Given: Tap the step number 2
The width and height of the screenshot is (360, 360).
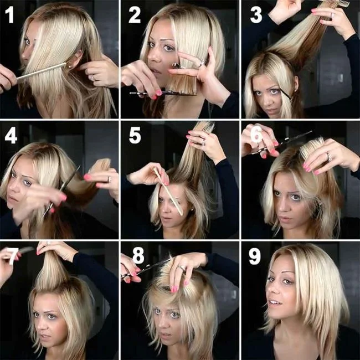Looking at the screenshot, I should [x=135, y=16].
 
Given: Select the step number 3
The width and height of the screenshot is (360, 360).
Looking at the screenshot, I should [x=255, y=15].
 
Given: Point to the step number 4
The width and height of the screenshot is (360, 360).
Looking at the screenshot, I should [x=11, y=136].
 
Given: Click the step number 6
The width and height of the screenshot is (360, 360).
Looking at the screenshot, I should [x=256, y=136].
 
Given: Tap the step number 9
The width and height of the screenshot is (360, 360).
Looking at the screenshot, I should [x=255, y=256].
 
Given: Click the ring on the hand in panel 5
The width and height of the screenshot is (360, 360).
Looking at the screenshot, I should [x=203, y=142].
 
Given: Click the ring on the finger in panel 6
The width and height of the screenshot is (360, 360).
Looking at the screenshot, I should [x=328, y=157].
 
